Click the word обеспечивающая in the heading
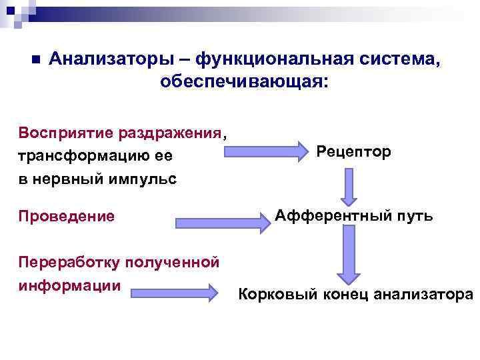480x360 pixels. pyautogui.click(x=241, y=82)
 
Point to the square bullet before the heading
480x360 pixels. pyautogui.click(x=36, y=59)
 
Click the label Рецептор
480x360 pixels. pyautogui.click(x=354, y=152)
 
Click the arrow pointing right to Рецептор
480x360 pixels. pyautogui.click(x=263, y=152)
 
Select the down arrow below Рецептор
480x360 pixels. pyautogui.click(x=348, y=186)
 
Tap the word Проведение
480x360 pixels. pyautogui.click(x=67, y=217)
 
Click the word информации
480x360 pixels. pyautogui.click(x=70, y=285)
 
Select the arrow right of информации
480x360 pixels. pyautogui.click(x=174, y=292)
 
